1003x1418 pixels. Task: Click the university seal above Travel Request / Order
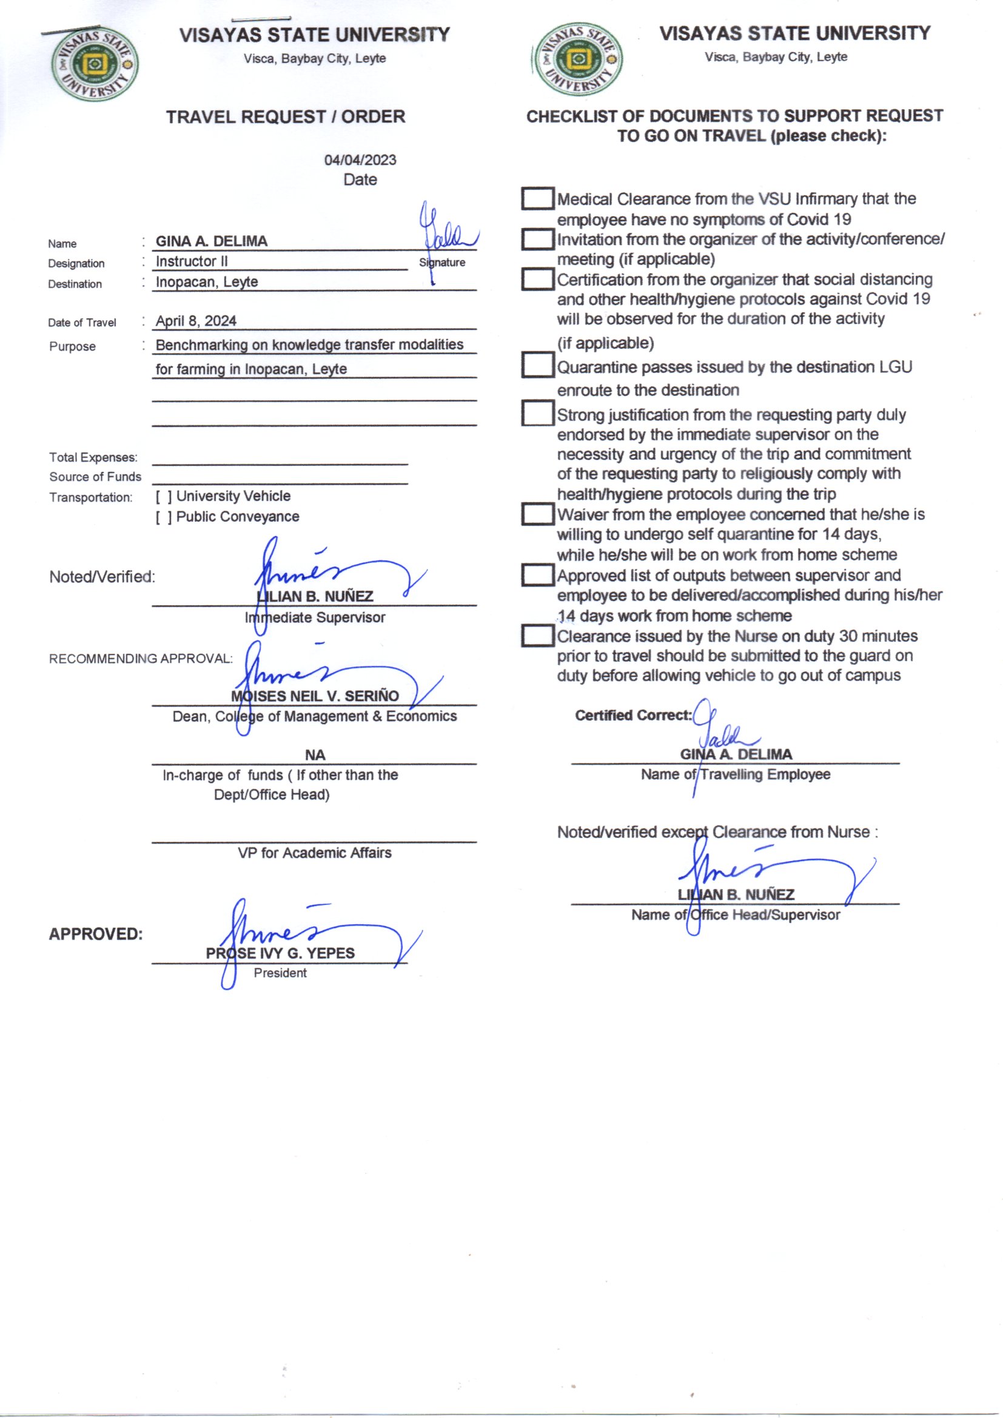tap(95, 64)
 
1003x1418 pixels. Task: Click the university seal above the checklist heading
tap(577, 59)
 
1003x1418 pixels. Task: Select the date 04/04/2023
tap(360, 160)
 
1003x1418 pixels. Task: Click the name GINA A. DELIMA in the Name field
tap(211, 241)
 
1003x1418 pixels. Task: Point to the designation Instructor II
tap(192, 261)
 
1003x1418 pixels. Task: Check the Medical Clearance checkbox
tap(537, 199)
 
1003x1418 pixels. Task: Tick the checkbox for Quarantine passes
tap(537, 365)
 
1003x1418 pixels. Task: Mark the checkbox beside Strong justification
tap(537, 413)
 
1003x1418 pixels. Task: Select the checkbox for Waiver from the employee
tap(537, 514)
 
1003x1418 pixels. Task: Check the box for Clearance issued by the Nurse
tap(537, 636)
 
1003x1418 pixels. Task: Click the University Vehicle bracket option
tap(164, 497)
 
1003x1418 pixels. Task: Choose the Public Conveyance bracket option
tap(164, 517)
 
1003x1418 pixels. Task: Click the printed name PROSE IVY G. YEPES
tap(280, 953)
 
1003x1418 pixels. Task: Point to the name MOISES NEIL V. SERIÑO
tap(315, 696)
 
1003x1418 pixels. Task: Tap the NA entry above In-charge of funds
tap(315, 754)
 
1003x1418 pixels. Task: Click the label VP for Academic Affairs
tap(314, 853)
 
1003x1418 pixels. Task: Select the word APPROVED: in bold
tap(96, 934)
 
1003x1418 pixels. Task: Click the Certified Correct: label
tap(633, 715)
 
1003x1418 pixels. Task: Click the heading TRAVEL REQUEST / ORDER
tap(286, 116)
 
